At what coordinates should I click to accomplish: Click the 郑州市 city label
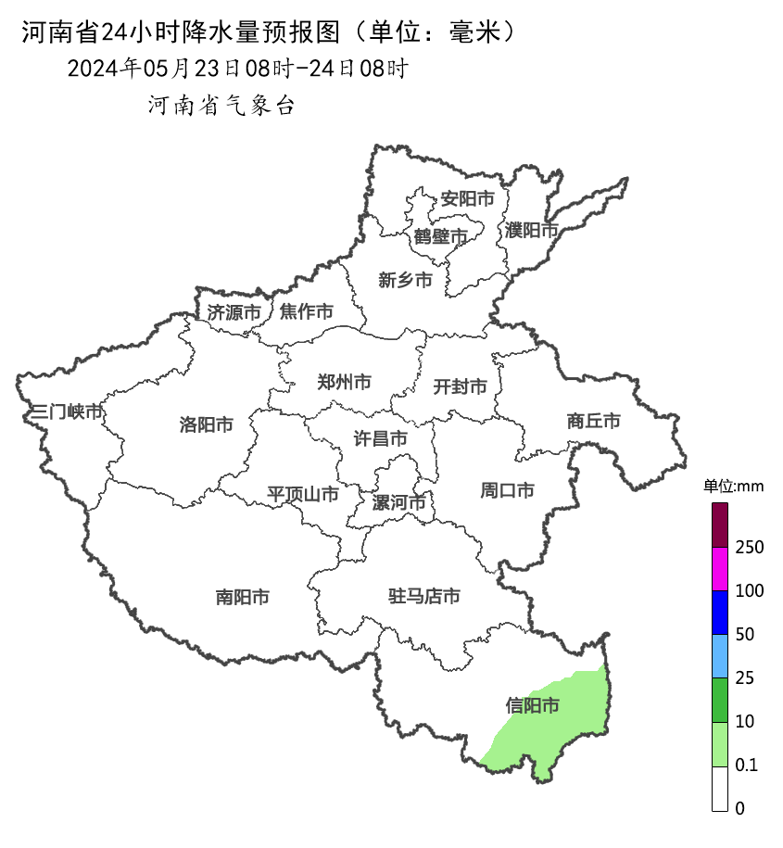click(x=344, y=382)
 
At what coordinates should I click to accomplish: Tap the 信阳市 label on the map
click(x=533, y=706)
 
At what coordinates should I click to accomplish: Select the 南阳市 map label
click(x=243, y=598)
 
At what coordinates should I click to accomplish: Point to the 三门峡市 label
click(x=67, y=411)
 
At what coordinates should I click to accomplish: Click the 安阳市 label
click(x=467, y=198)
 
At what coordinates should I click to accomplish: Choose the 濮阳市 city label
click(x=532, y=230)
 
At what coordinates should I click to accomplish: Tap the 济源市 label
click(x=234, y=312)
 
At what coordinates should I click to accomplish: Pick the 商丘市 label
click(x=593, y=421)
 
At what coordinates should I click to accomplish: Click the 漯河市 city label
click(x=398, y=503)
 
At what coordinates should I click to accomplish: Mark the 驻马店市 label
click(x=423, y=597)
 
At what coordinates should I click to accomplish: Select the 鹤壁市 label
click(x=441, y=236)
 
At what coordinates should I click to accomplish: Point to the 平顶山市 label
click(x=303, y=494)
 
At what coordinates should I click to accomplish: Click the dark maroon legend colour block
click(x=720, y=525)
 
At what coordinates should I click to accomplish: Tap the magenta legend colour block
click(x=720, y=568)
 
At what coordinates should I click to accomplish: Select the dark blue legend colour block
click(x=720, y=612)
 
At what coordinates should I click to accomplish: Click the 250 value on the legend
click(x=749, y=548)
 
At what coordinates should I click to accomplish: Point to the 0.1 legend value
click(x=746, y=766)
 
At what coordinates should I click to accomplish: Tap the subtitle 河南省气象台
click(x=221, y=106)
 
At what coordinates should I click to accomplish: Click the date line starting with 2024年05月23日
click(x=237, y=69)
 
